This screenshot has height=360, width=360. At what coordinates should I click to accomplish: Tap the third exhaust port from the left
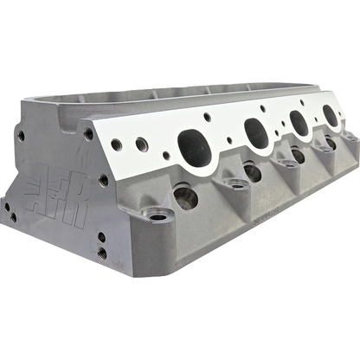(300, 121)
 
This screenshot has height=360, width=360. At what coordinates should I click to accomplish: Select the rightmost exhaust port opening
(332, 113)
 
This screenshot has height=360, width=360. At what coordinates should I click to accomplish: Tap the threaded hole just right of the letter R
(104, 180)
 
